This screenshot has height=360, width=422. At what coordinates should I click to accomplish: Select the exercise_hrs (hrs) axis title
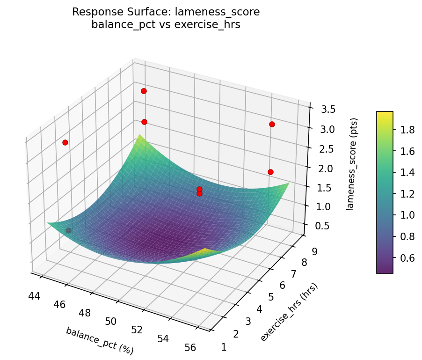coord(289,312)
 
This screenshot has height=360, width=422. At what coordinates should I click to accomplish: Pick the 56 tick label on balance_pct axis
coord(190,347)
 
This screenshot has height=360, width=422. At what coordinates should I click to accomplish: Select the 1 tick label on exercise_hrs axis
coord(224,347)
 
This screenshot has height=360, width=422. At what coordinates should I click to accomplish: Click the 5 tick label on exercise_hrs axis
coord(270,297)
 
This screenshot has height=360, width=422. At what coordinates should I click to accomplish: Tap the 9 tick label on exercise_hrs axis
coord(313,251)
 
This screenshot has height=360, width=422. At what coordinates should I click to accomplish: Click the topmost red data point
coord(144,91)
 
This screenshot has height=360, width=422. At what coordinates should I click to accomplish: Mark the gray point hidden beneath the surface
coord(69,230)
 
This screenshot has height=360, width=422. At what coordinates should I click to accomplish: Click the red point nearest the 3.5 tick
coord(272,124)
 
